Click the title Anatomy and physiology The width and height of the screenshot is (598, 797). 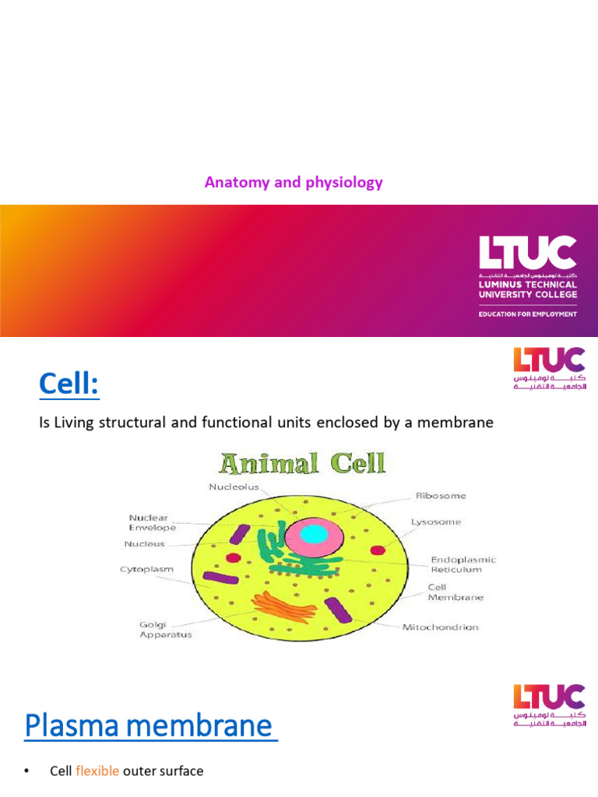[294, 183]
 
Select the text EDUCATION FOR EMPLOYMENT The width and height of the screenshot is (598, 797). [527, 314]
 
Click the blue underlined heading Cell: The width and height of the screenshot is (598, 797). [69, 384]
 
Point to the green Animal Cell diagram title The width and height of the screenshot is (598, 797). [303, 465]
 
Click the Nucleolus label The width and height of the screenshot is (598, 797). [233, 488]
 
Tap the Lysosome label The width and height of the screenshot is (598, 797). [437, 521]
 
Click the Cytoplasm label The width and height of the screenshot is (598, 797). [146, 569]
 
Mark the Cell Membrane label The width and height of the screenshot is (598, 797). [456, 592]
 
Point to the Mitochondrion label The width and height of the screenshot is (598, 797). [440, 627]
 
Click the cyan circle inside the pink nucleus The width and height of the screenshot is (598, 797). [313, 534]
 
